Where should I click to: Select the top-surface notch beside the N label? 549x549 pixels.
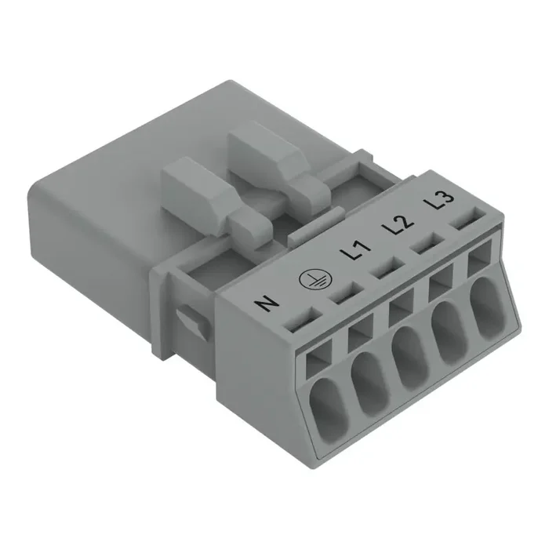(300, 318)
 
